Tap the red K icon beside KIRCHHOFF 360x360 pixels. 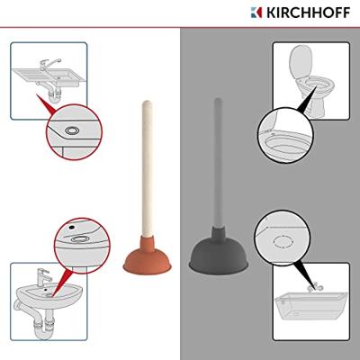[256, 13]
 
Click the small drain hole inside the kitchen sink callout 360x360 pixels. [71, 130]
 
